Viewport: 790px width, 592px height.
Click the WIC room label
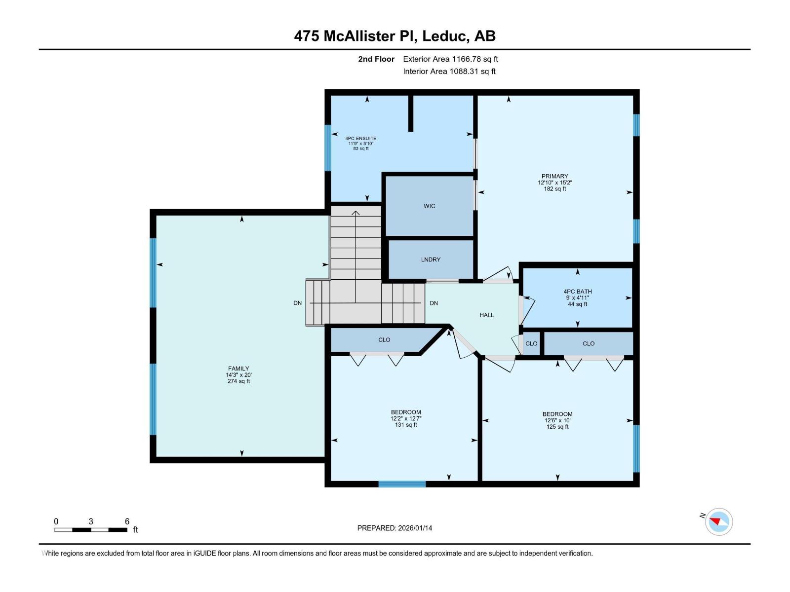[x=429, y=206]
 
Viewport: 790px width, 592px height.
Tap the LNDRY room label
[x=431, y=259]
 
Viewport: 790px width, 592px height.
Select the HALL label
[x=486, y=315]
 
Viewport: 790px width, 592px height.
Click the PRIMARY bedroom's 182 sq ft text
[x=555, y=189]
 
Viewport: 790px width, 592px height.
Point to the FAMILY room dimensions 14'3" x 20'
[x=238, y=375]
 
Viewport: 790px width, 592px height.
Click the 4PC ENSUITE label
[x=360, y=139]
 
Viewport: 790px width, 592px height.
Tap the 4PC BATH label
[x=577, y=292]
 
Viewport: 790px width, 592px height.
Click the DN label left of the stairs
[x=297, y=303]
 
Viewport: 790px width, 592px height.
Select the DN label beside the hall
[x=434, y=303]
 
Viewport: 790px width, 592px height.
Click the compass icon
[x=718, y=522]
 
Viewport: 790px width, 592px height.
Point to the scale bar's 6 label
[x=127, y=521]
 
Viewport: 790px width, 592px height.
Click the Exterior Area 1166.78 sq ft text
[x=450, y=59]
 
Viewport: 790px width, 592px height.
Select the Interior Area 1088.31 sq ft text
[x=449, y=72]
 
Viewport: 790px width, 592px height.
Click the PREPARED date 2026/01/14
[x=395, y=528]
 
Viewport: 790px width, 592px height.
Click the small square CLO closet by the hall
[x=531, y=344]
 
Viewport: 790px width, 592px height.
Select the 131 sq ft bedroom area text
[x=406, y=425]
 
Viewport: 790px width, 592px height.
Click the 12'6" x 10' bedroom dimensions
[x=557, y=421]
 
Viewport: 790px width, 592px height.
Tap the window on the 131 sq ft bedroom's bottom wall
[x=402, y=484]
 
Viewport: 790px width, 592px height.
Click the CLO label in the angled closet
[x=384, y=340]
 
